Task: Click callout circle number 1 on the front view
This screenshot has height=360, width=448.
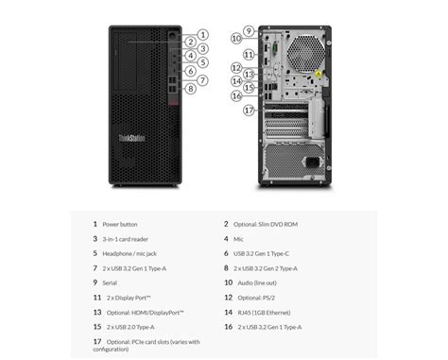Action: pyautogui.click(x=202, y=34)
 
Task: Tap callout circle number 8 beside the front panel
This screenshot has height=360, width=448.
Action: pyautogui.click(x=190, y=88)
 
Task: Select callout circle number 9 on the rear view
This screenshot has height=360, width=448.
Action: pyautogui.click(x=249, y=30)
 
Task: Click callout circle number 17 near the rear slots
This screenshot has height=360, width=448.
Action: pyautogui.click(x=249, y=110)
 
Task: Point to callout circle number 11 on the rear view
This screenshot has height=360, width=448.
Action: pyautogui.click(x=249, y=54)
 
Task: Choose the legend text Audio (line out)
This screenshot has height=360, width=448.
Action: pyautogui.click(x=257, y=283)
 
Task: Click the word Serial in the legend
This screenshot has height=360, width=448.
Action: pyautogui.click(x=112, y=283)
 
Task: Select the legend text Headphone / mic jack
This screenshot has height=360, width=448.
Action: pyautogui.click(x=131, y=253)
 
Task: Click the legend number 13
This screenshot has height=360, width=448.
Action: pyautogui.click(x=96, y=312)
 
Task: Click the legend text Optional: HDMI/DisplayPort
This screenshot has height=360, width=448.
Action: pyautogui.click(x=146, y=312)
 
